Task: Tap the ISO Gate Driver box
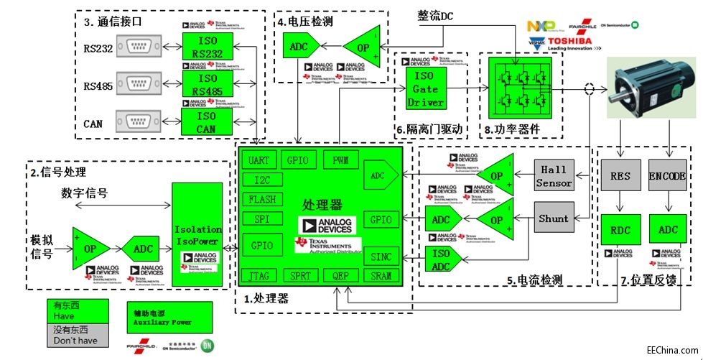click(x=427, y=88)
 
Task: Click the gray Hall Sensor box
click(x=554, y=176)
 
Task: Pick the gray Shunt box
click(x=554, y=218)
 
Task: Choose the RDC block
click(x=620, y=229)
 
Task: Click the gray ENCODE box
click(x=667, y=176)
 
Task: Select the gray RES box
click(x=620, y=176)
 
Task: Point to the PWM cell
click(x=341, y=160)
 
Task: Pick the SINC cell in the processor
click(x=381, y=256)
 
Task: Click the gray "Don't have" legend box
click(x=77, y=335)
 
